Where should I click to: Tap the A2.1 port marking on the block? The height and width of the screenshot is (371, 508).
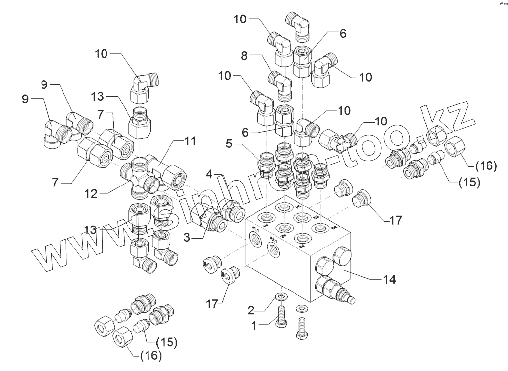pos(274,240)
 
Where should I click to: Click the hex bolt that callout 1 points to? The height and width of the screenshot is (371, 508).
pos(282,317)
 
